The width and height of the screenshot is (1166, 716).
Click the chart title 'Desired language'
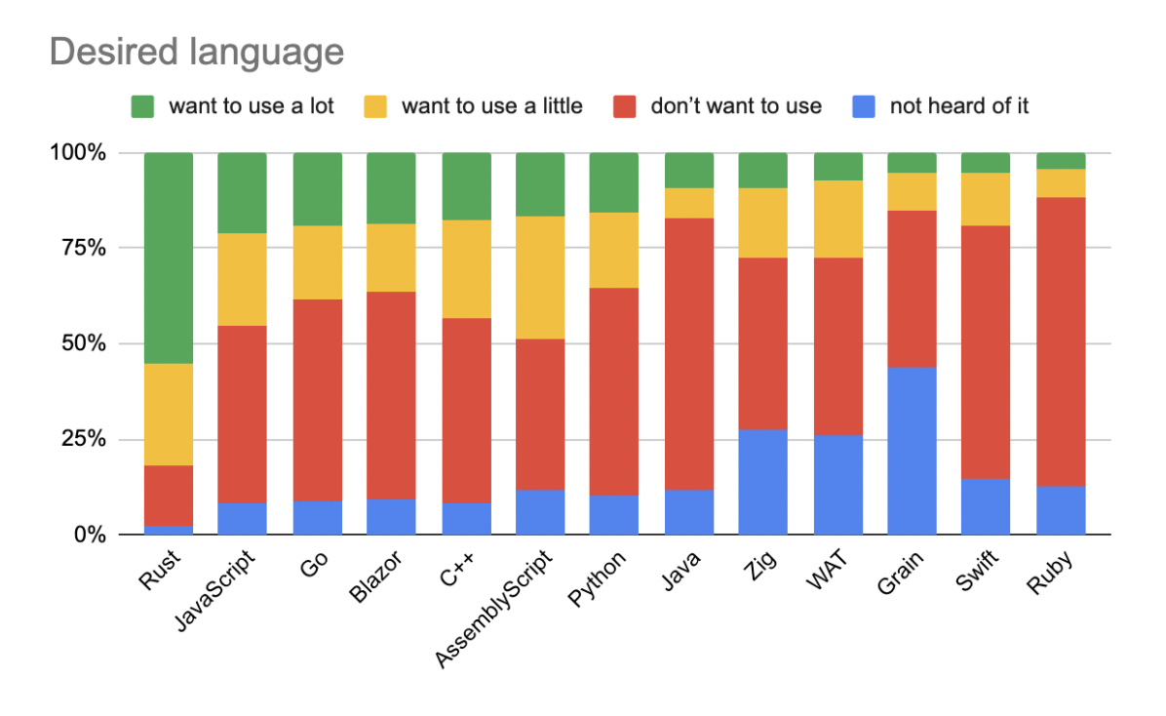[x=196, y=52]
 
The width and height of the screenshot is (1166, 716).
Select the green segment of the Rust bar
[x=168, y=258]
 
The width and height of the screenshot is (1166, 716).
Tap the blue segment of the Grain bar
[x=912, y=451]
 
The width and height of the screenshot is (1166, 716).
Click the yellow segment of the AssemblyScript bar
[x=540, y=277]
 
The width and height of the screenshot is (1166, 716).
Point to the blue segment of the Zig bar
[x=762, y=482]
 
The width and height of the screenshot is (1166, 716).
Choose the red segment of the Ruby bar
[x=1061, y=341]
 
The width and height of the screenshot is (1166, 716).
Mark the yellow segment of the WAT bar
[x=837, y=219]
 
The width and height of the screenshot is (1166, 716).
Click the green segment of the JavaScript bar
[x=242, y=192]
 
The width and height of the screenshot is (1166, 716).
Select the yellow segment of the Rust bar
[x=168, y=415]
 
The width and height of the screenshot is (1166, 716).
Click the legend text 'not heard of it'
[x=959, y=106]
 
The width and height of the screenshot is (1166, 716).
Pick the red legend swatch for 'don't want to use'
[x=626, y=106]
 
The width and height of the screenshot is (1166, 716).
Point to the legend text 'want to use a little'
[x=491, y=106]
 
